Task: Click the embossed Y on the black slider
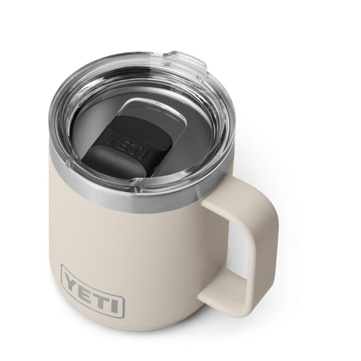point(114,138)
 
